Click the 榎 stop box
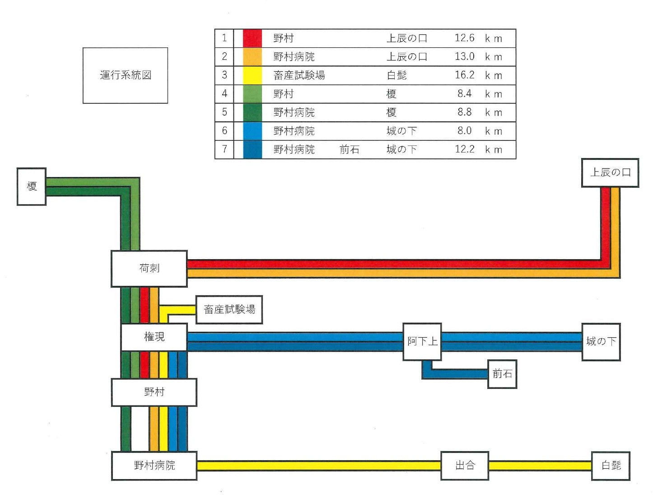coord(32,187)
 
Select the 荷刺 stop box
coord(149,268)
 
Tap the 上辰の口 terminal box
coord(610,173)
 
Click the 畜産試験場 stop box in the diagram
coord(229,309)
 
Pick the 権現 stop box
coord(154,337)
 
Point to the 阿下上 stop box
coord(422,341)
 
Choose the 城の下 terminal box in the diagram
coord(601,341)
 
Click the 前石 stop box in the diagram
coord(502,374)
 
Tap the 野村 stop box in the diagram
coord(154,392)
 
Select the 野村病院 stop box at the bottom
coord(154,466)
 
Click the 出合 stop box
coord(465,466)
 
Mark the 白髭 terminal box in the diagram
coord(611,466)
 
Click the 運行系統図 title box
coord(125,75)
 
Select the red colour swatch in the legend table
coord(252,38)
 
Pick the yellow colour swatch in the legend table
coord(252,75)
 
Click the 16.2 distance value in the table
coord(464,75)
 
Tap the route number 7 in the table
coord(224,149)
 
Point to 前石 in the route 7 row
coord(349,149)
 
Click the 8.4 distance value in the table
coord(464,93)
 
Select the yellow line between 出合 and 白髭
coord(540,466)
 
